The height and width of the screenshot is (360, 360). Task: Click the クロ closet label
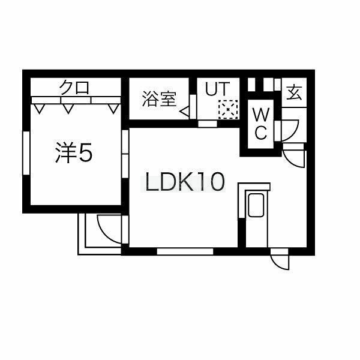click(74, 87)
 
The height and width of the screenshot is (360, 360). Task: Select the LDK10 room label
click(182, 181)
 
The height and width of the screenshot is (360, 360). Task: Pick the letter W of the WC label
click(260, 114)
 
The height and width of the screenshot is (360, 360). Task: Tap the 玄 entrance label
click(294, 93)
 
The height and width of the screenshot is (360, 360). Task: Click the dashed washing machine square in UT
click(228, 109)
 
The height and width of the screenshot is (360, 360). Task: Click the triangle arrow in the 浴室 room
click(184, 111)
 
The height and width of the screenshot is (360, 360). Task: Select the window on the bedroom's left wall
click(26, 153)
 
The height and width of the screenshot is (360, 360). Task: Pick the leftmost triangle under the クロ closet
click(39, 109)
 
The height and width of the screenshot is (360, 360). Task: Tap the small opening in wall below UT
click(208, 124)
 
